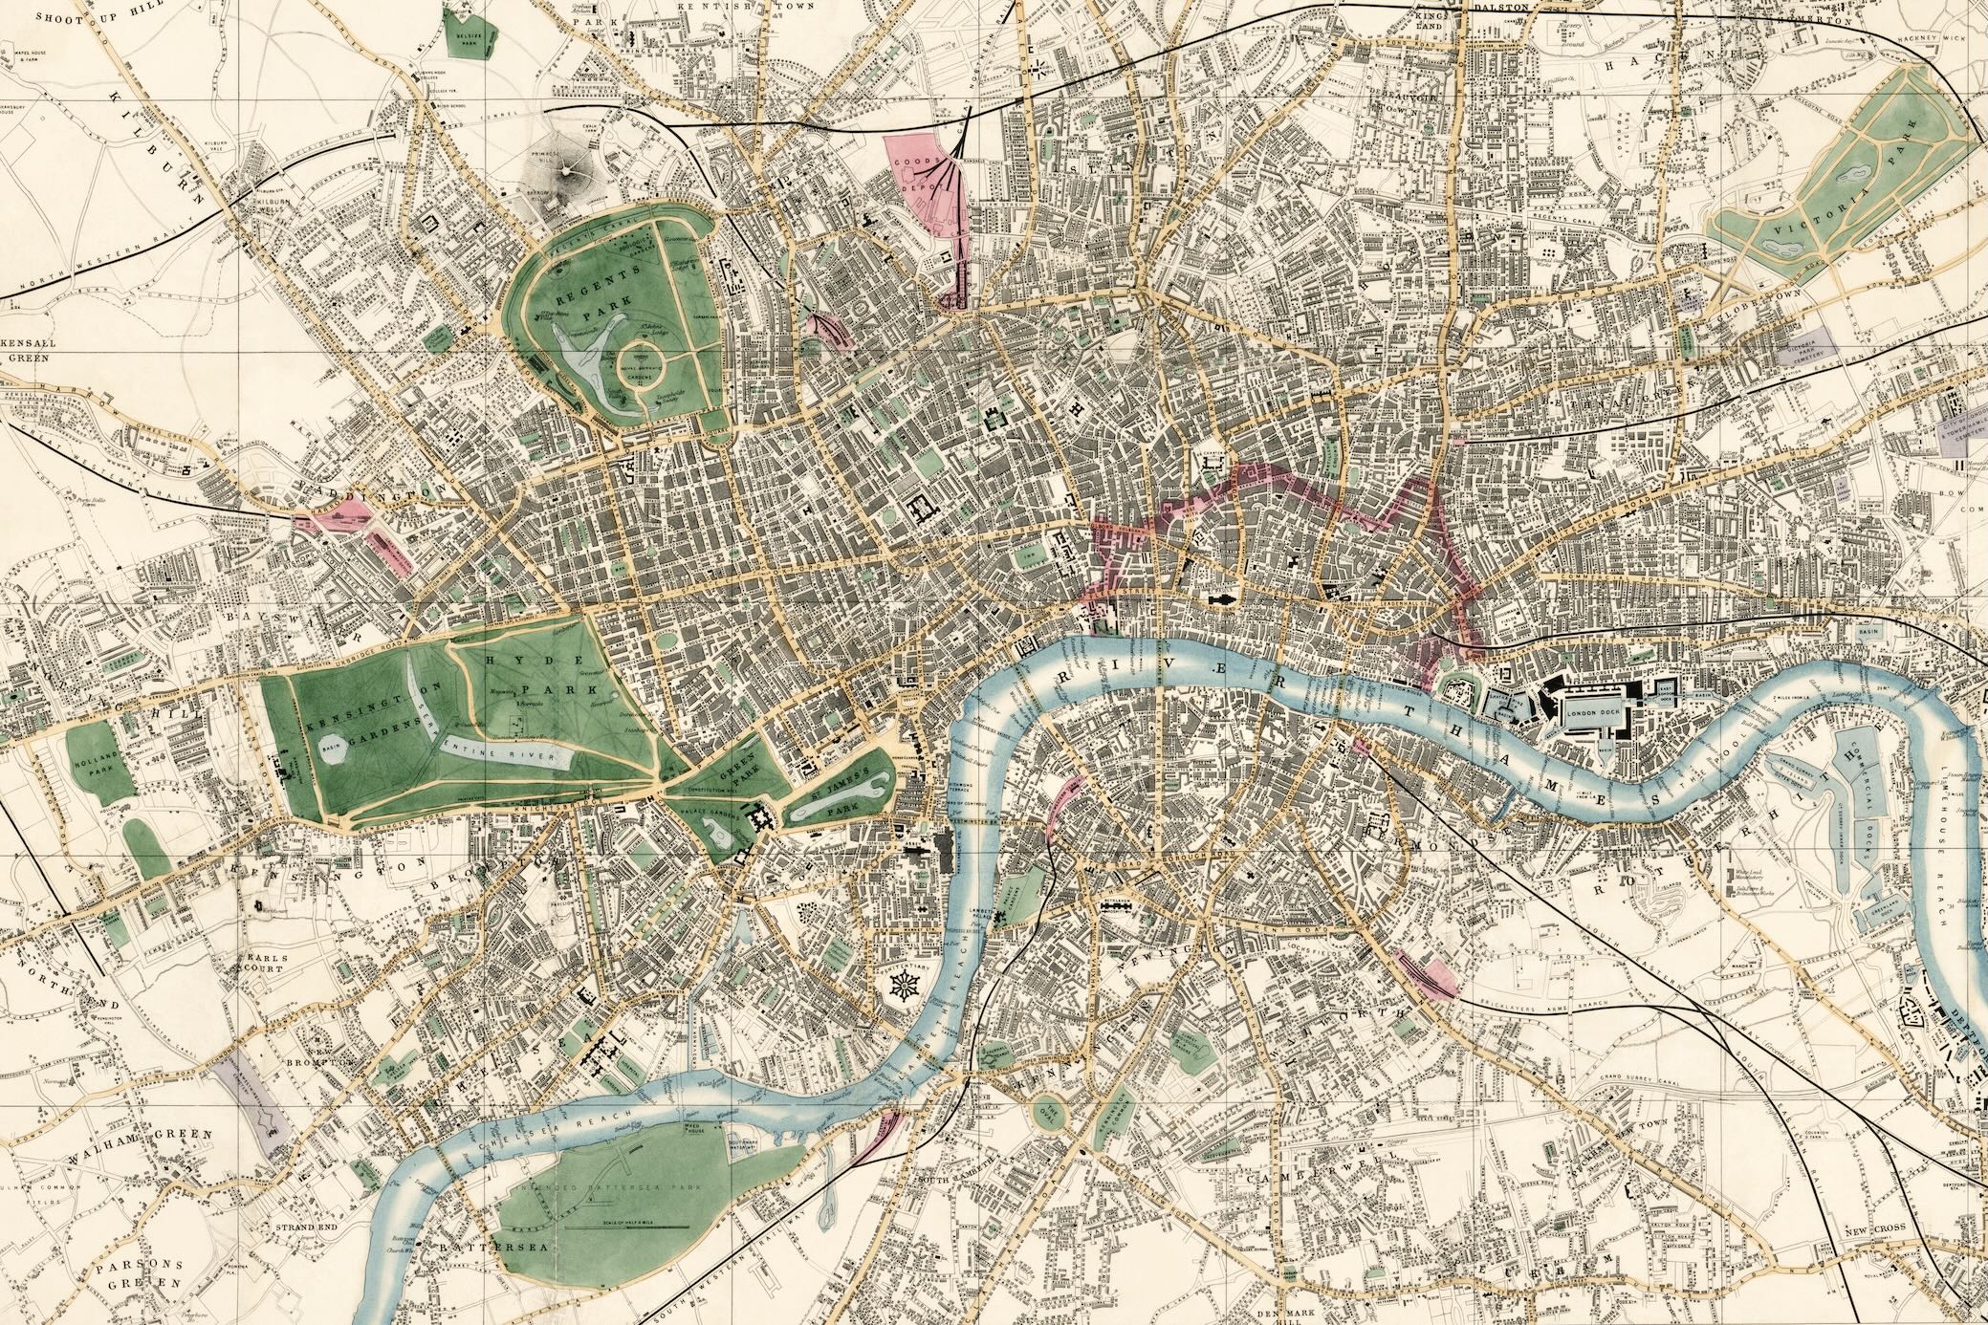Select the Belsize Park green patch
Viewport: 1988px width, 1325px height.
(470, 35)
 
